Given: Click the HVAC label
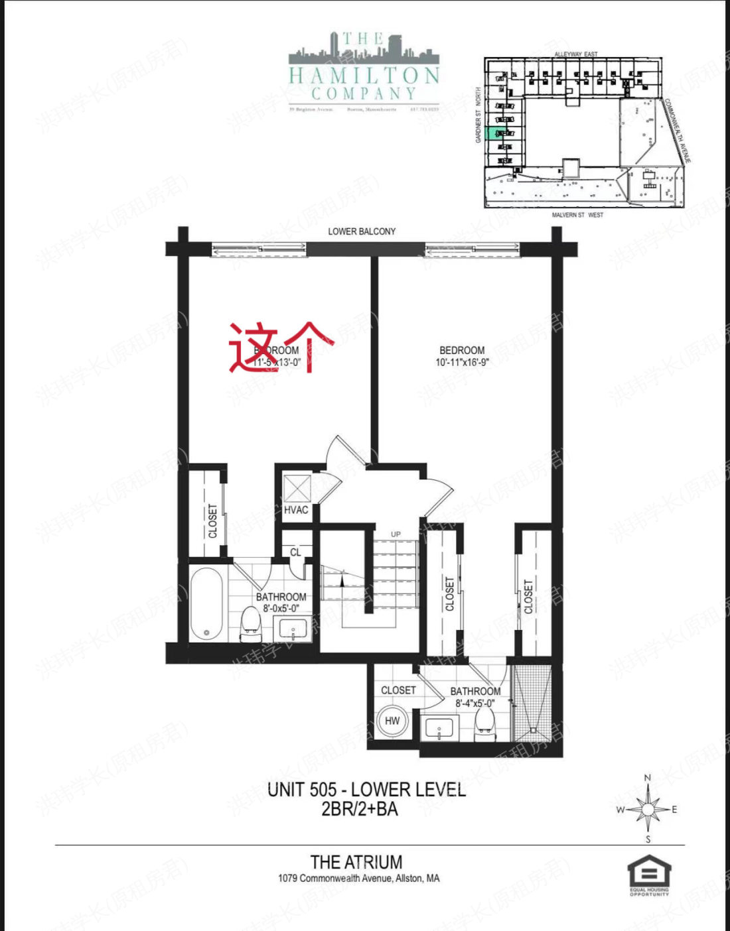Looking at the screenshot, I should coord(296,510).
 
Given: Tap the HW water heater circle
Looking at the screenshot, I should coord(392,721).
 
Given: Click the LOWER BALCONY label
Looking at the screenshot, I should coord(362,231).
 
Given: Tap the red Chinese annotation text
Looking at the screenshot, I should coord(279,346).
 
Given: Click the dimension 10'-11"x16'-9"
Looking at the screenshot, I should coord(462,363).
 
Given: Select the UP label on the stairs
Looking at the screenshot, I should coord(396,534).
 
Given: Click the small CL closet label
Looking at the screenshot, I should coord(295,552).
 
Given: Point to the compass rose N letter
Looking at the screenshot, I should coord(648,778).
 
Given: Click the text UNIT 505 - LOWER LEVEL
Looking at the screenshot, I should coord(366,790).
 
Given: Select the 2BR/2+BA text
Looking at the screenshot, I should coord(359,809).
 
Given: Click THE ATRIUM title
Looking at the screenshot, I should coord(356,862).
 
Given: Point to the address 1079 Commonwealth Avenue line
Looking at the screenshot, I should coord(358,879).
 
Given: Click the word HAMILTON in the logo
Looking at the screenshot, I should coord(364,75).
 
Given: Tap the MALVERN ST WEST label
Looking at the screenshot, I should coord(577,216).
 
